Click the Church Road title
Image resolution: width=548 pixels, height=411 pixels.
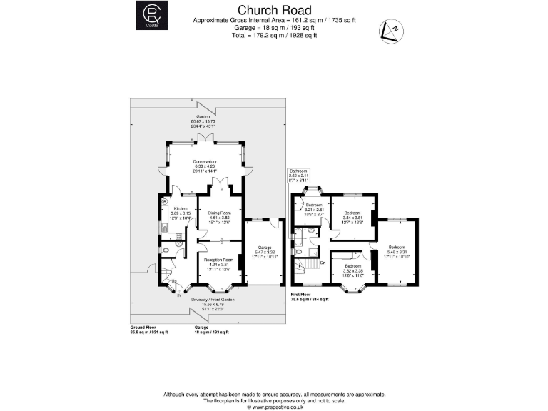click(275, 10)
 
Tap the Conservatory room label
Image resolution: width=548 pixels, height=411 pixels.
click(204, 162)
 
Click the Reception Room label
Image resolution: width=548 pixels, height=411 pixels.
click(218, 260)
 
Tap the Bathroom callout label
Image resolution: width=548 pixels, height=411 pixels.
click(298, 171)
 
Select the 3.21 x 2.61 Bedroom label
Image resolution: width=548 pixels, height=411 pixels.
click(310, 205)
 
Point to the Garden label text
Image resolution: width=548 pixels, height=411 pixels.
click(204, 116)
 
